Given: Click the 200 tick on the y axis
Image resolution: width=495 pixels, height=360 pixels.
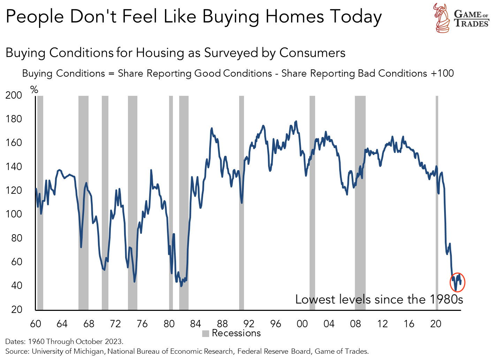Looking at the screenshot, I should click(x=14, y=95).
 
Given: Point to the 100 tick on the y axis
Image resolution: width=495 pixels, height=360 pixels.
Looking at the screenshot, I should click(x=14, y=214).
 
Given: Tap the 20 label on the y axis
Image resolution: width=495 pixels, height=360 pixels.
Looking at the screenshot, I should click(x=16, y=309).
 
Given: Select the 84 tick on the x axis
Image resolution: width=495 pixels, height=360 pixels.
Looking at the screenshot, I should click(x=196, y=324).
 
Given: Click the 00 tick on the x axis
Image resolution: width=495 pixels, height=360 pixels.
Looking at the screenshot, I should click(x=302, y=324).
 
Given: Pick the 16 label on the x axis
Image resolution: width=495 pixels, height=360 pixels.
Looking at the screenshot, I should click(x=409, y=324).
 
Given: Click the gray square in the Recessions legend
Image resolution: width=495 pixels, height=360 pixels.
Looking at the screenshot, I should click(x=206, y=334).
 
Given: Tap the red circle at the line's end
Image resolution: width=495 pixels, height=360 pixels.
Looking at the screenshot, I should click(x=458, y=282).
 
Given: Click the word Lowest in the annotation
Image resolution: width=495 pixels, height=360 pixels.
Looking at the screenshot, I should click(x=315, y=299).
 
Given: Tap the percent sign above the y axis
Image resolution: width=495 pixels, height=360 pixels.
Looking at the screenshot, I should click(x=34, y=90).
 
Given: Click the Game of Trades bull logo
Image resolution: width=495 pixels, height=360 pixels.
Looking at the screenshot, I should click(x=442, y=18).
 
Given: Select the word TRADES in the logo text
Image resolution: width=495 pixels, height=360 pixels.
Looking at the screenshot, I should click(x=472, y=24).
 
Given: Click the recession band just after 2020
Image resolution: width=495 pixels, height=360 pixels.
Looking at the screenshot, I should click(x=437, y=202).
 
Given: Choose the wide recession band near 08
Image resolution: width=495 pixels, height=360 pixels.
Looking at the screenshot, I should click(x=360, y=202).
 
